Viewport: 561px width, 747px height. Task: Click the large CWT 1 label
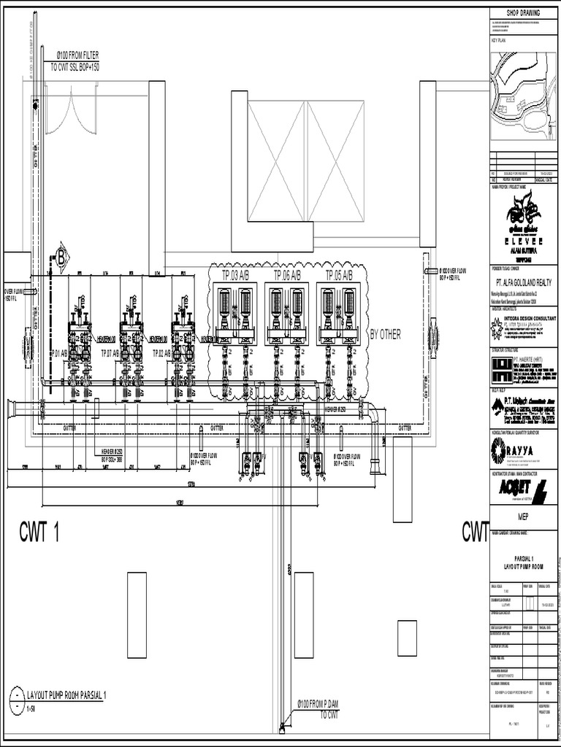(x=39, y=533)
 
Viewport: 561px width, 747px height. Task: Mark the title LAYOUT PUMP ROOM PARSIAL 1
(x=66, y=696)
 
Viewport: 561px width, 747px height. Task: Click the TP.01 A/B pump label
(x=59, y=353)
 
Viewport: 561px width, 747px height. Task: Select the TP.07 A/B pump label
(x=110, y=353)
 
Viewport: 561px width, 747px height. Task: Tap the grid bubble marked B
(x=61, y=257)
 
